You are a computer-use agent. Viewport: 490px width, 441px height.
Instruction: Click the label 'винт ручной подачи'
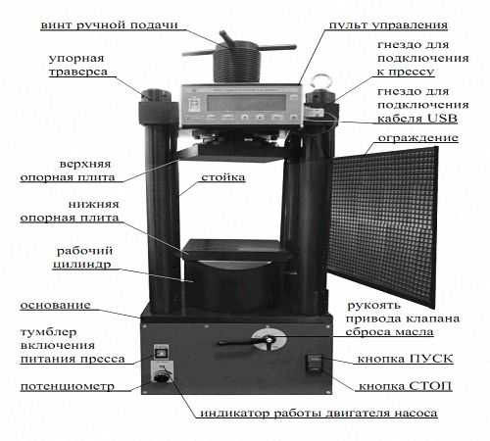109,24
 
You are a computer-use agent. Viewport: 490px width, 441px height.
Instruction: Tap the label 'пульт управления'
388,24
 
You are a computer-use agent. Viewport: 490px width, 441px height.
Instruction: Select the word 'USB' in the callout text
442,118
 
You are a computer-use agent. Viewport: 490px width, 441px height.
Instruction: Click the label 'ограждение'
418,138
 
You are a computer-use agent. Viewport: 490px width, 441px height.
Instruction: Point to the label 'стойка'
223,177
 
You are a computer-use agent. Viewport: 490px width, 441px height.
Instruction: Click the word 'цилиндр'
82,265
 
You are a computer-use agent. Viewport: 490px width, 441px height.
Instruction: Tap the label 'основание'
56,305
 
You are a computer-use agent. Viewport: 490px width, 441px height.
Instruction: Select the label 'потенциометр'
68,386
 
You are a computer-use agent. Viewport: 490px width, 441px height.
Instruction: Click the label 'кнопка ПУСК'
406,359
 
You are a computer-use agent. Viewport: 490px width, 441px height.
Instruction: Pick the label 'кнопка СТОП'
406,386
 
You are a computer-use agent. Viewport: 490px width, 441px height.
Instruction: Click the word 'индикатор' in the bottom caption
235,413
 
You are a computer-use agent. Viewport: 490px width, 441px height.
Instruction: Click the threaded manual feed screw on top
237,62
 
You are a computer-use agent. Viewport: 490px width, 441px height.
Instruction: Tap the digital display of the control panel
247,102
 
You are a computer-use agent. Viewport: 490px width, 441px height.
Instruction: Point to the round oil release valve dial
269,340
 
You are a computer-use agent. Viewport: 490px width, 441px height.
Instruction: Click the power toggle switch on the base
161,352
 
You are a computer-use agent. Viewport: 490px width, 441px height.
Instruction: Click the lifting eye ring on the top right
318,82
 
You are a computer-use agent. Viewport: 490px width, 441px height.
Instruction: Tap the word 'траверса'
78,72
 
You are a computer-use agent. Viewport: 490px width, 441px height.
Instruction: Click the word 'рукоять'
373,306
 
